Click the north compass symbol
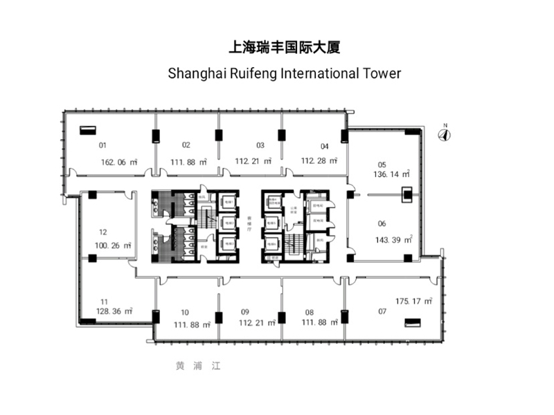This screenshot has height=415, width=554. pos(445,134)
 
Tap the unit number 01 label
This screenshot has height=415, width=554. pos(102,145)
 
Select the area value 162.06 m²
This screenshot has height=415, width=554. pos(118,162)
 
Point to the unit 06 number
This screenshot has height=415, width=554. pos(382,223)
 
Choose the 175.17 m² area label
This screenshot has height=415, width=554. pos(414,301)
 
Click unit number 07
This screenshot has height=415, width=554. pos(382,311)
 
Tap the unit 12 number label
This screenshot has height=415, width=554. pos(102,232)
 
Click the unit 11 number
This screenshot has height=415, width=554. pos(103,302)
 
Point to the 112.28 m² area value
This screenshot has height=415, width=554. pos(319,161)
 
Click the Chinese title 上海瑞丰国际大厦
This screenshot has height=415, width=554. pos(285,48)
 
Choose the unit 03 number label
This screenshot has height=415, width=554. pos(260,145)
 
